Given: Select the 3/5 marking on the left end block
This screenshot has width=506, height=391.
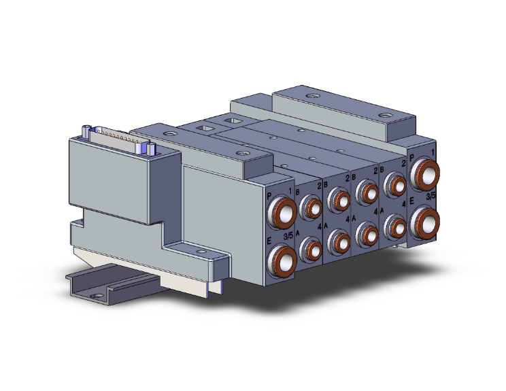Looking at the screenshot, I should (x=288, y=235).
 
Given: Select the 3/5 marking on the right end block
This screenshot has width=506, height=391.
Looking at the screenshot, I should (x=431, y=197).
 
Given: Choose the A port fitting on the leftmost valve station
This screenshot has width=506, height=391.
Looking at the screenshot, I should (x=311, y=249).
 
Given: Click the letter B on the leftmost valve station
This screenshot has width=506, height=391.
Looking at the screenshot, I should (x=298, y=192).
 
